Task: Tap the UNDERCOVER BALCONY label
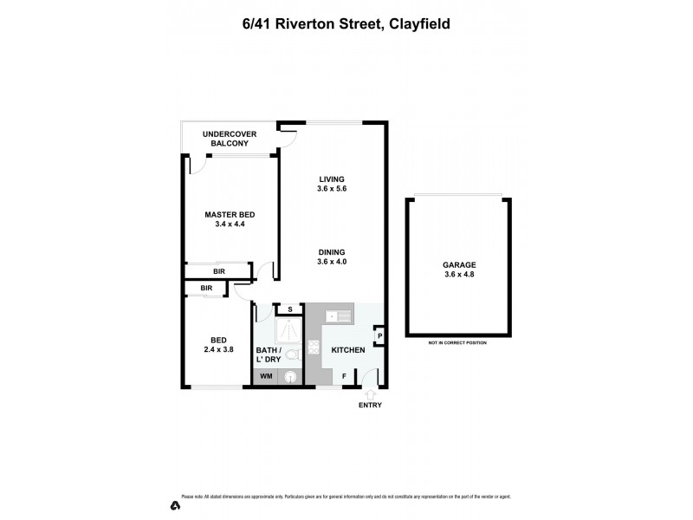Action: coord(226,139)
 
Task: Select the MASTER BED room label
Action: coord(230,219)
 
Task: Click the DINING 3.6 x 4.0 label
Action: coord(332,257)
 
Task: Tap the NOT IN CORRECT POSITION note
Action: coord(457,343)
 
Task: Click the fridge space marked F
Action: coord(345,376)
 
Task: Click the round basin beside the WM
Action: coord(291,377)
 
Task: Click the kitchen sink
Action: coord(338,317)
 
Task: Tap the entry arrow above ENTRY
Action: coord(372,394)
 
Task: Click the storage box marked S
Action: coord(288,309)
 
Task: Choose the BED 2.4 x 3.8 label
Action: coord(218,344)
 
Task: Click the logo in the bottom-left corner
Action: coord(174,504)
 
